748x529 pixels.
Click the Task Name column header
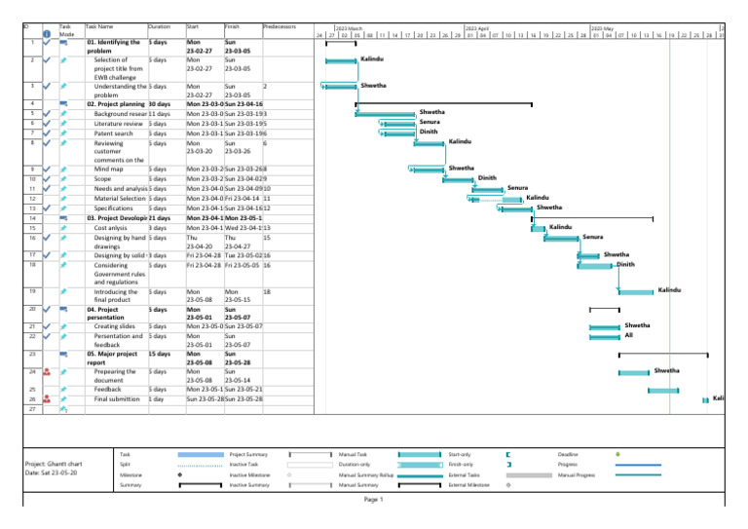click(99, 26)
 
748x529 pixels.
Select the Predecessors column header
click(280, 26)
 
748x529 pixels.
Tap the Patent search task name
click(115, 132)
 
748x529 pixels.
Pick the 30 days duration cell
click(162, 102)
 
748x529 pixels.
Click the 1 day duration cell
click(156, 399)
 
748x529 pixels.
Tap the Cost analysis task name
click(113, 227)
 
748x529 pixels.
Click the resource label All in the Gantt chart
click(629, 335)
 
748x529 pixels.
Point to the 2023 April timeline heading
click(477, 30)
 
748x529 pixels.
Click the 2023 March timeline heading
click(349, 30)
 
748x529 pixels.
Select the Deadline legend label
click(569, 454)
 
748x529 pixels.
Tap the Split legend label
click(124, 465)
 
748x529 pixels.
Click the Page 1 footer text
click(374, 500)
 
